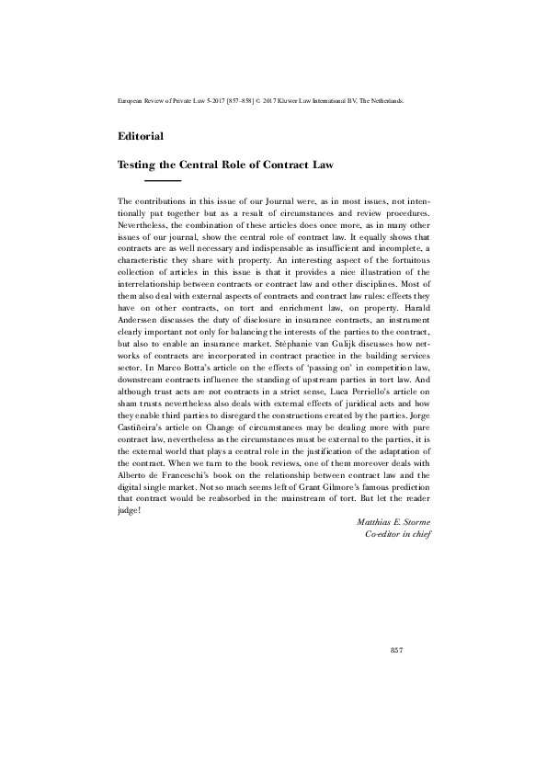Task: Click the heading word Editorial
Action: [141, 137]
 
